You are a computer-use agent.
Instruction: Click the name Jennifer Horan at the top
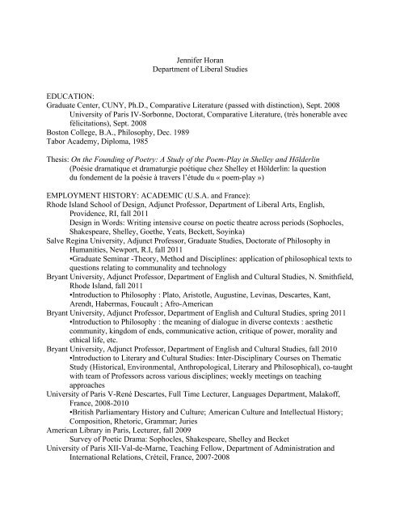coord(200,61)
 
